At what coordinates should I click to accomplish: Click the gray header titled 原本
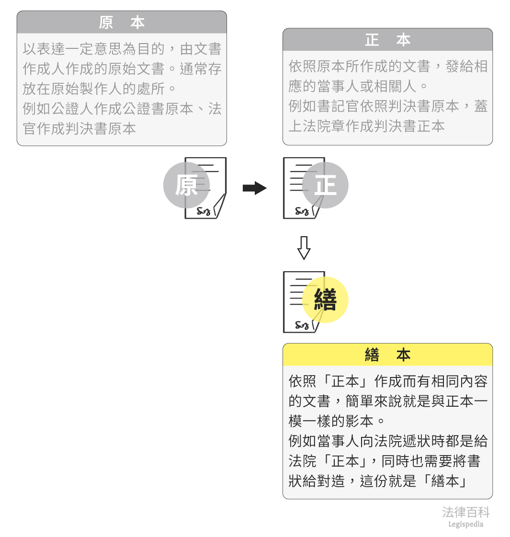122,23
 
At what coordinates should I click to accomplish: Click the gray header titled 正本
387,40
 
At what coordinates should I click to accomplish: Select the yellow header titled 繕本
387,355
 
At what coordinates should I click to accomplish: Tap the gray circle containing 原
186,185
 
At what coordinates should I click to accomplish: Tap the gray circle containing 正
325,185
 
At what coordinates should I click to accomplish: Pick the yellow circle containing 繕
325,300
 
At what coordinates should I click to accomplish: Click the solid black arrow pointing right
254,188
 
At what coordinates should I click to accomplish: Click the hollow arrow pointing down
304,248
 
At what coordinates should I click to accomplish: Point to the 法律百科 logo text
465,513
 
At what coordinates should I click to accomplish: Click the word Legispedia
465,524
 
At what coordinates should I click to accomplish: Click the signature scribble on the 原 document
204,211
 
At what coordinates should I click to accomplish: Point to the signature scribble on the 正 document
302,211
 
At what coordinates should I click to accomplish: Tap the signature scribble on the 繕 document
302,325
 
